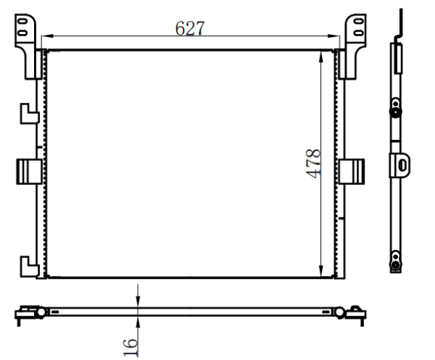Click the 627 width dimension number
(190, 28)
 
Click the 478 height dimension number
(313, 164)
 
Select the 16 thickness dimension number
(130, 347)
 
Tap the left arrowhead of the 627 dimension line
(47, 36)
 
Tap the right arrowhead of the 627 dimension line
(333, 36)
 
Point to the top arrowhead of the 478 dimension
(321, 57)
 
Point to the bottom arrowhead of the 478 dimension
(321, 271)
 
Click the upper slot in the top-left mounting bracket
(22, 21)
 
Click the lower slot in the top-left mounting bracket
(22, 33)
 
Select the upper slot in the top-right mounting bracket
(359, 21)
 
